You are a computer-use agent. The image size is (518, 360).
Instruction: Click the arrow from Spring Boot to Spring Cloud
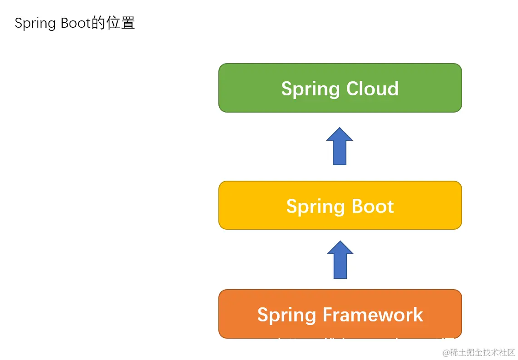coord(340,147)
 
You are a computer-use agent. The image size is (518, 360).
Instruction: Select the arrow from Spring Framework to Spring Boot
coord(340,260)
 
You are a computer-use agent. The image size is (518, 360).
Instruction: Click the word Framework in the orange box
coord(373,315)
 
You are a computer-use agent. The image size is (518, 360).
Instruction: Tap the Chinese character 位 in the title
coord(113,23)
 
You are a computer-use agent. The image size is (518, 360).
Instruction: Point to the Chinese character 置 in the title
coord(128,23)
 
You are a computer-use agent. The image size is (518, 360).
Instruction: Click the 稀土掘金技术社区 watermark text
coord(483,353)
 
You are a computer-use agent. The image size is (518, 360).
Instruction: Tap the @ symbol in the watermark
coord(446,353)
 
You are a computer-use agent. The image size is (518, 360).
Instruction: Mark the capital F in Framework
coord(328,315)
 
